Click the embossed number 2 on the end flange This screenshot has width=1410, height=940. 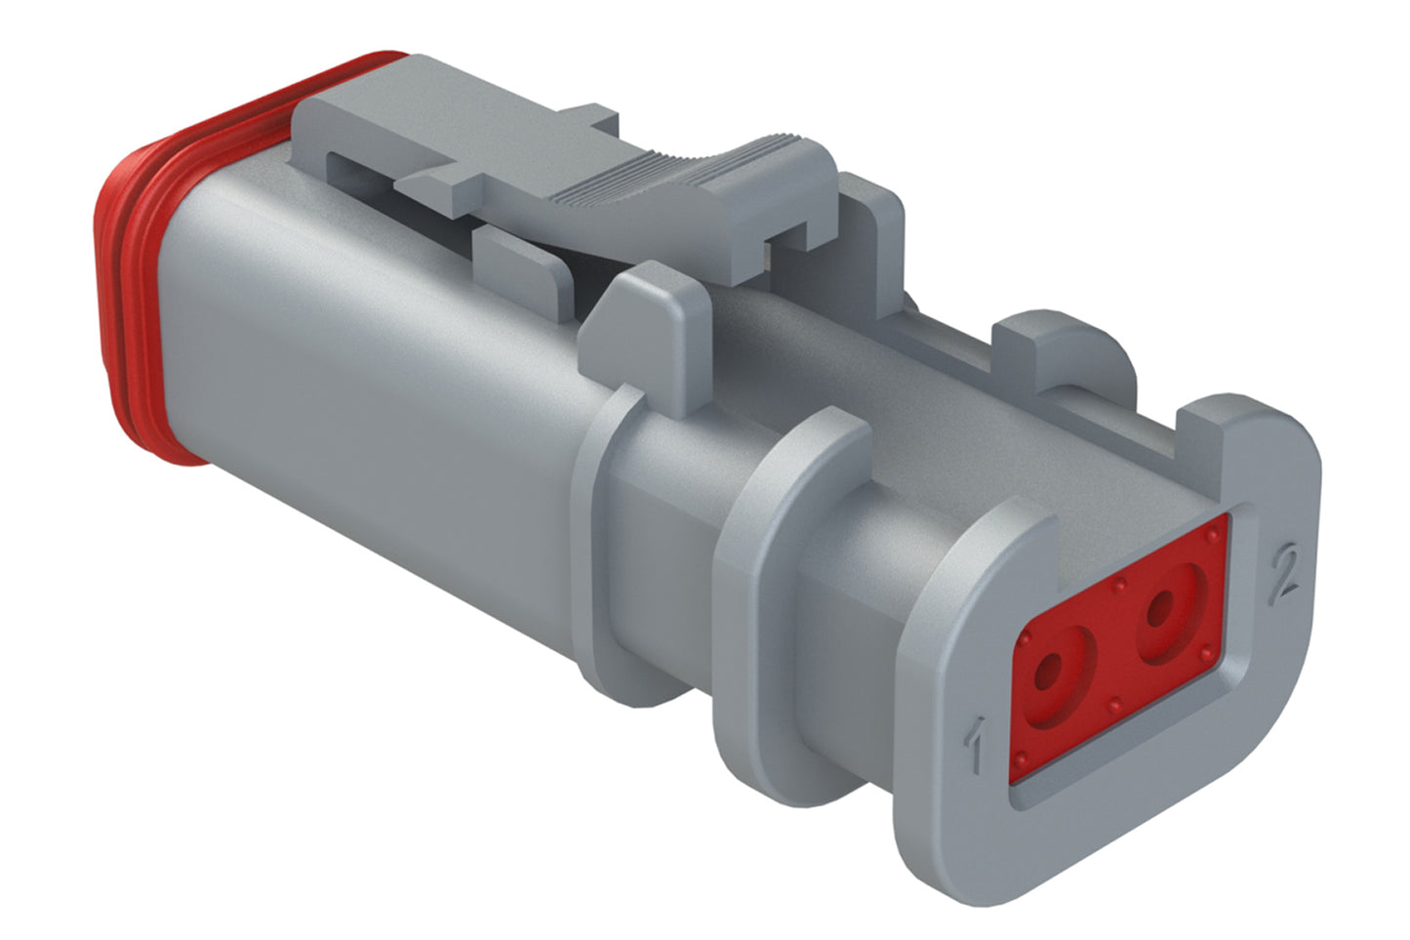pos(1284,573)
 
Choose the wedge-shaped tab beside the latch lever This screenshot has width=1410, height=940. pos(639,332)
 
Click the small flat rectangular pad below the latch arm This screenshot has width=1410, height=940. pos(522,264)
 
